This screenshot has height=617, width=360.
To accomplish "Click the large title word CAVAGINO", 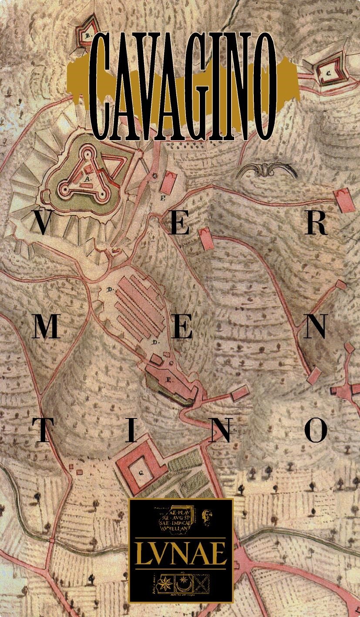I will [x=183, y=85].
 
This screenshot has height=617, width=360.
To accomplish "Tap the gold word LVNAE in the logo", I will [x=181, y=553].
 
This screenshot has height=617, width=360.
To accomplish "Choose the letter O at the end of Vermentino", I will [x=316, y=431].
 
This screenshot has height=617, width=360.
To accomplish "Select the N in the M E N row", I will [x=314, y=328].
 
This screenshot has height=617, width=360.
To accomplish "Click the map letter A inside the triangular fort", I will [x=87, y=179].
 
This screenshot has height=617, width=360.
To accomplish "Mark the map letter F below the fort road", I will [x=162, y=199].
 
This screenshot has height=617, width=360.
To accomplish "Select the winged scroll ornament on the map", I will [x=266, y=171].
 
